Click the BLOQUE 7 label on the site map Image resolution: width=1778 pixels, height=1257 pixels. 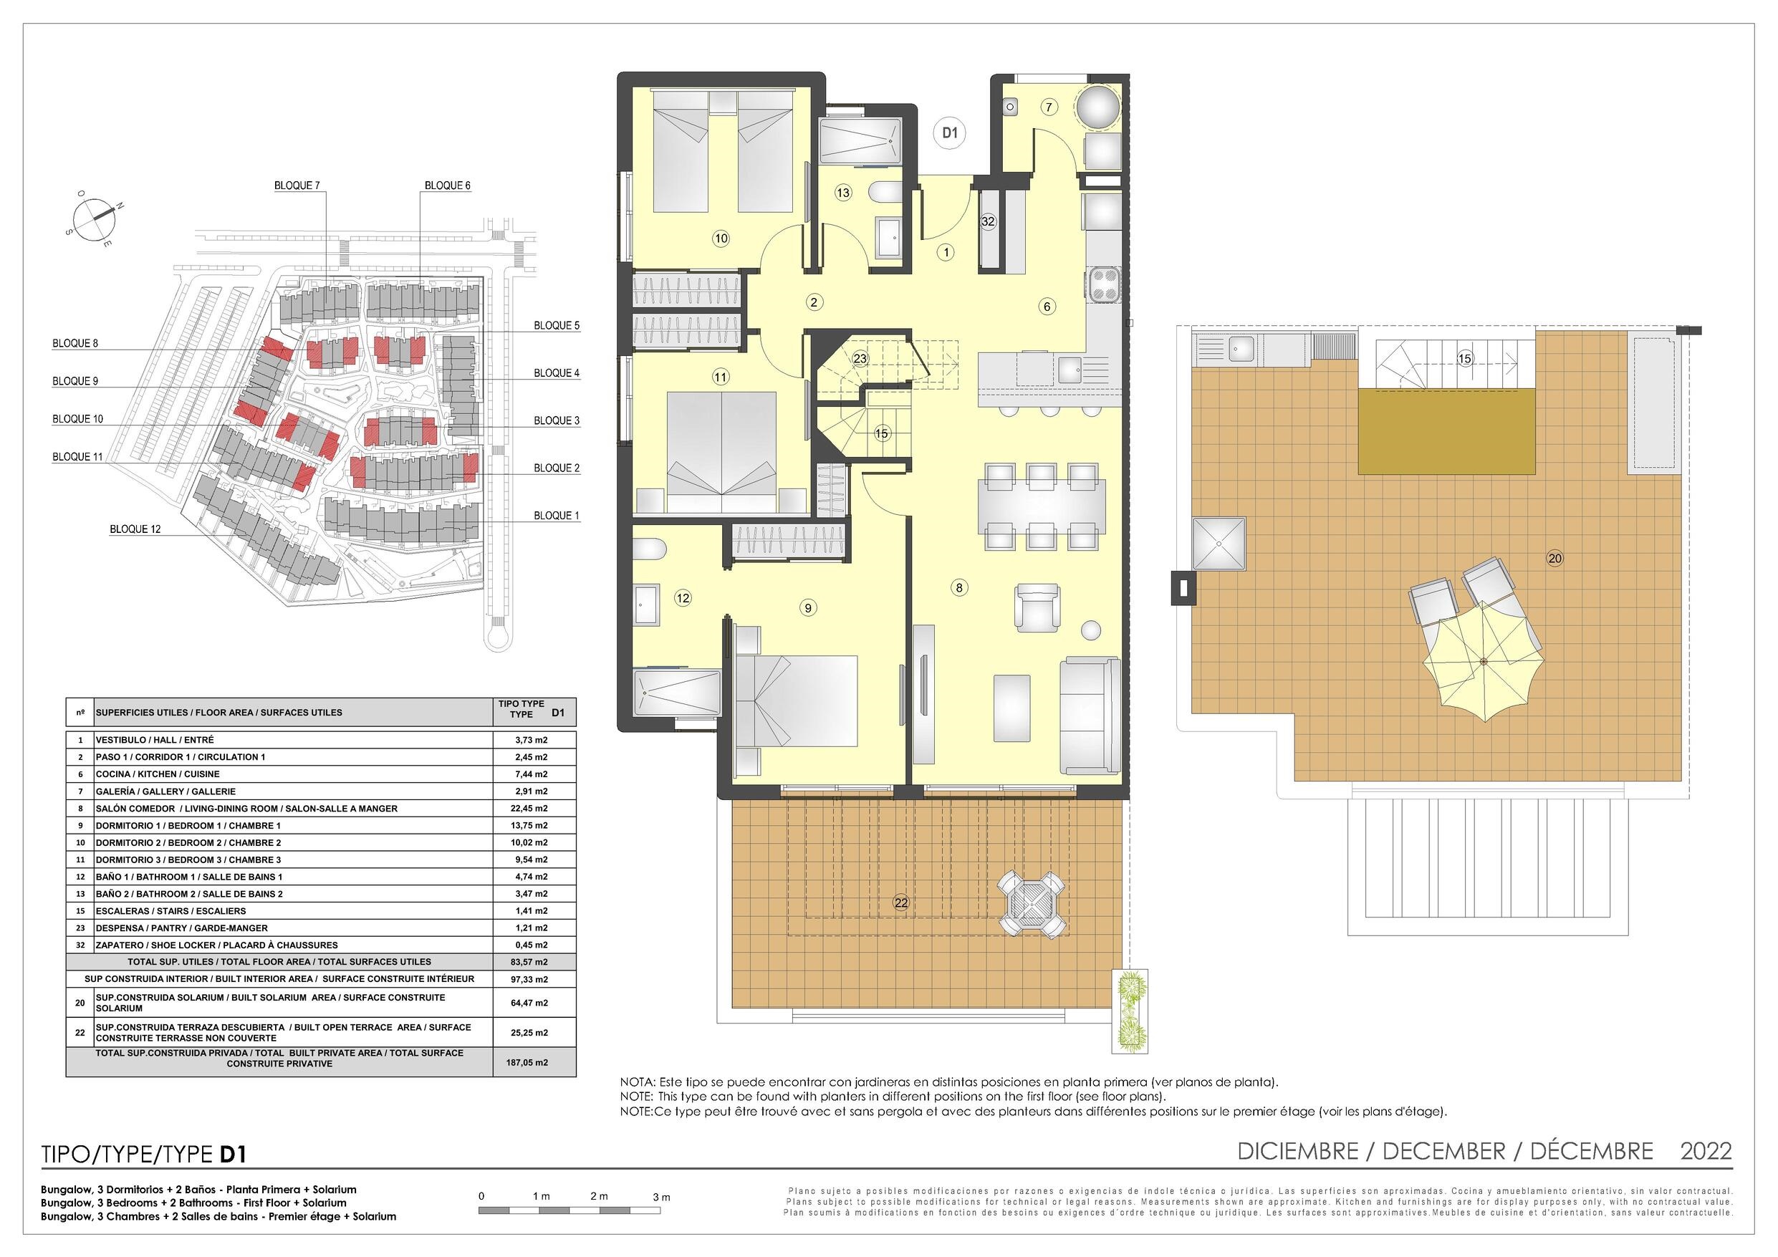(297, 186)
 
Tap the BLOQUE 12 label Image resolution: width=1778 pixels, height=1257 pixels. (135, 530)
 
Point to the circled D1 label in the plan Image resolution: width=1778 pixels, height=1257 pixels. (949, 133)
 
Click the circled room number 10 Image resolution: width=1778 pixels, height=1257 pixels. (721, 239)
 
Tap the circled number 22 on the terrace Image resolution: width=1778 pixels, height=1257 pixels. (900, 902)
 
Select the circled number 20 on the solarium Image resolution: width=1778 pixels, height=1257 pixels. (1554, 558)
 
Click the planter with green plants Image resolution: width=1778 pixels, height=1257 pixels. (1130, 1011)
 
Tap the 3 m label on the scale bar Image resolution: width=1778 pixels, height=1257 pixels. (660, 1197)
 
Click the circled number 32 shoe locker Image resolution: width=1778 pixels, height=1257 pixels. (987, 221)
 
